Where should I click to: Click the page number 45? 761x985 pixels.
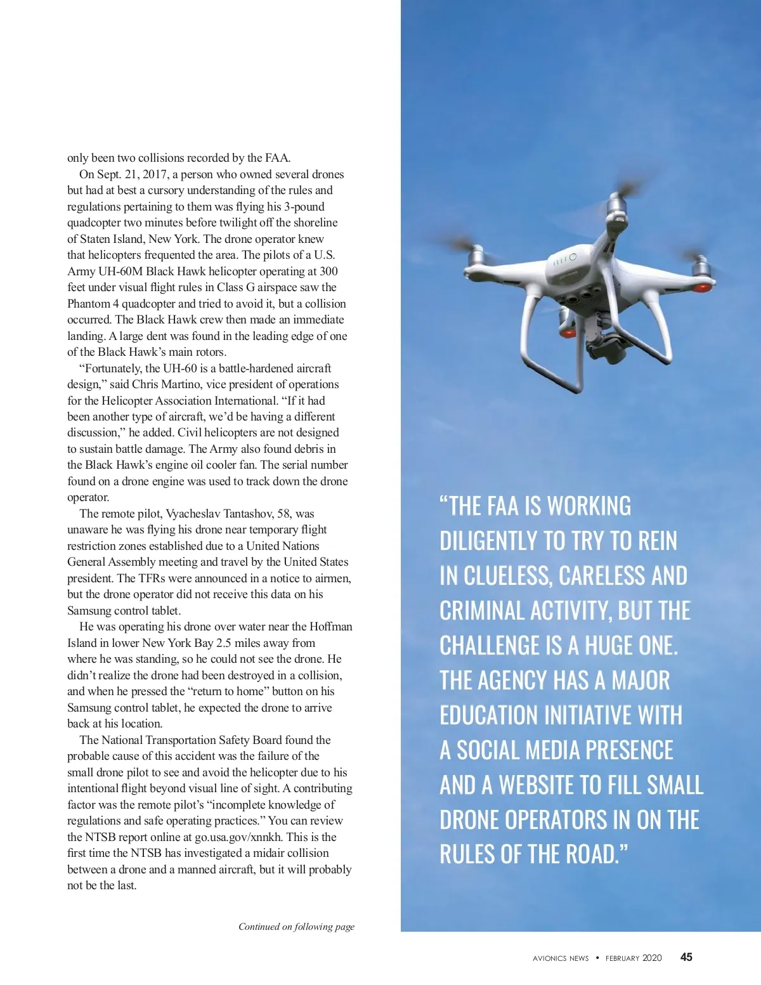point(686,957)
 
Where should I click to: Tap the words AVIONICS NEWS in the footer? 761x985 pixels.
point(561,958)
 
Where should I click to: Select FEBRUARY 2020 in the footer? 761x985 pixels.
point(633,958)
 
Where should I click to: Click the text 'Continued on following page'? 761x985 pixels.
point(296,927)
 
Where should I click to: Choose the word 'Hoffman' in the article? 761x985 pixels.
point(330,627)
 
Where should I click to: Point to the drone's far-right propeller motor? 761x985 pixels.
point(700,270)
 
